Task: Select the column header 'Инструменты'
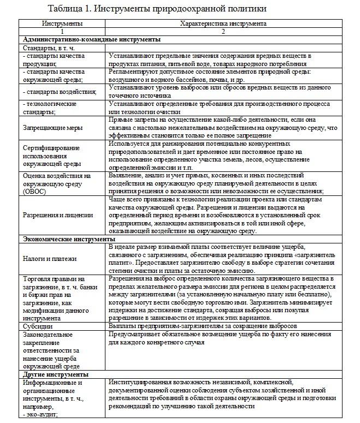(62, 24)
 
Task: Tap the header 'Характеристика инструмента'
(223, 24)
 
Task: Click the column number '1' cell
(62, 32)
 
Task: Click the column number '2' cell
(223, 32)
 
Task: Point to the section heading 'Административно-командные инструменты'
(92, 40)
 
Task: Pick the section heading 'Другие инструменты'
(55, 375)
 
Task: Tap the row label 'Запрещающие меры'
(49, 128)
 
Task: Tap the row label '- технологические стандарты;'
(50, 107)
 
